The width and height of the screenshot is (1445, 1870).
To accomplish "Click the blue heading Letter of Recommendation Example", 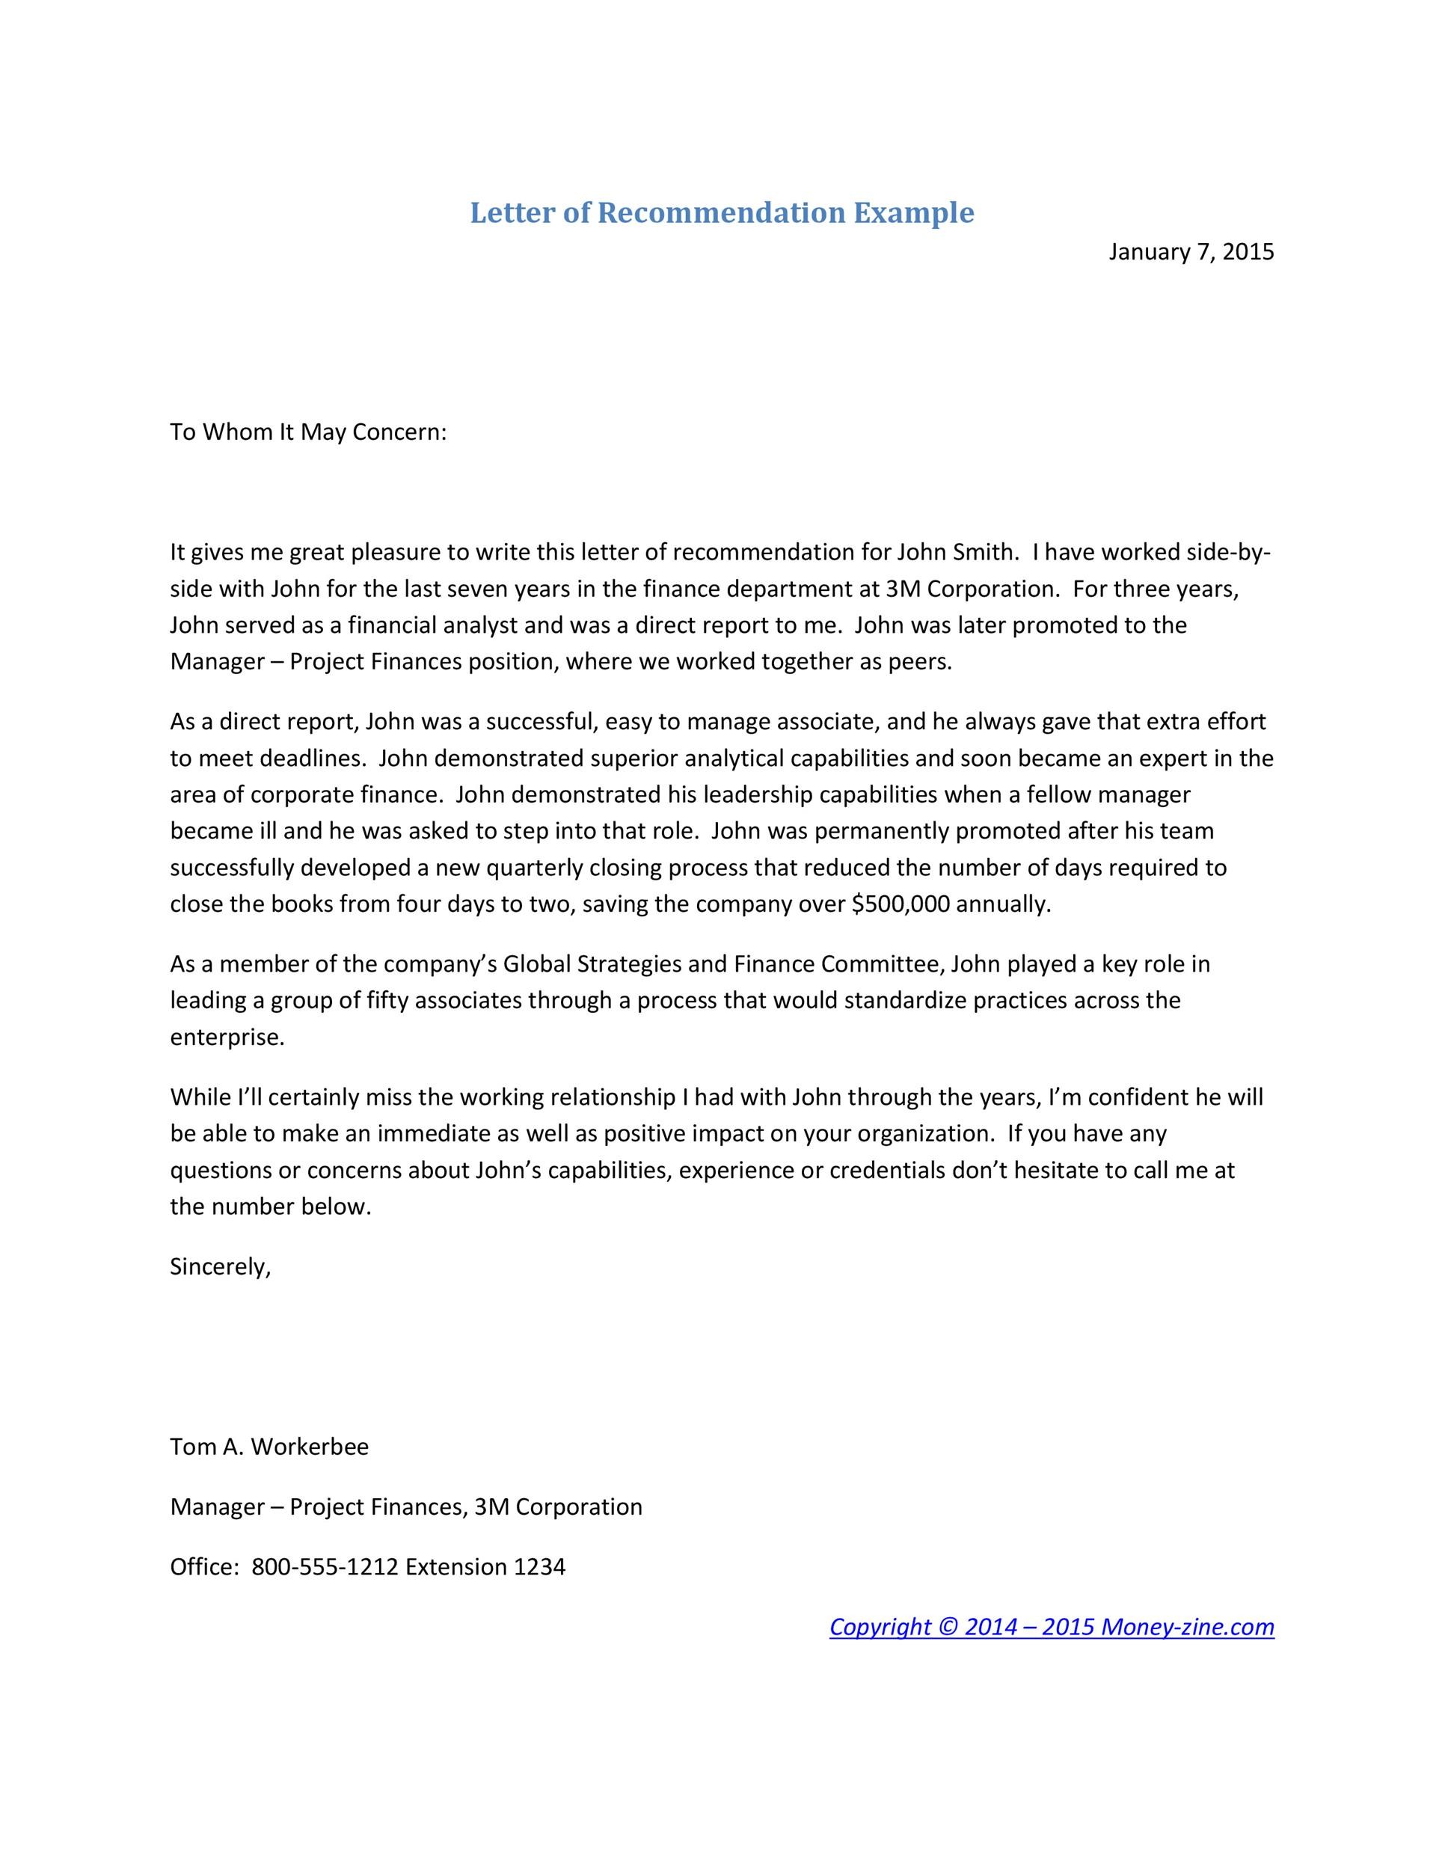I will pyautogui.click(x=722, y=212).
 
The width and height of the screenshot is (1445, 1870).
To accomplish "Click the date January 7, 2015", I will pyautogui.click(x=1191, y=252).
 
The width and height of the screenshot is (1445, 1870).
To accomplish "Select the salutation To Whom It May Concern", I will pyautogui.click(x=308, y=432).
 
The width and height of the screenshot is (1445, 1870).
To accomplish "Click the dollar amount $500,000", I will pyautogui.click(x=901, y=904).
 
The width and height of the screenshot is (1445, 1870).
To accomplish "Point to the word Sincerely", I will pyautogui.click(x=220, y=1266).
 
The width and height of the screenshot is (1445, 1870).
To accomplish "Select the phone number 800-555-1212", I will pyautogui.click(x=325, y=1567).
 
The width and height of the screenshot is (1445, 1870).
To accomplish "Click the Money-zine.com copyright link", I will pyautogui.click(x=1052, y=1627).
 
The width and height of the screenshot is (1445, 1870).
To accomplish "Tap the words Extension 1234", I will pyautogui.click(x=485, y=1567).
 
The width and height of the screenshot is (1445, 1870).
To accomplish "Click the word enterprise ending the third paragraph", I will pyautogui.click(x=226, y=1037).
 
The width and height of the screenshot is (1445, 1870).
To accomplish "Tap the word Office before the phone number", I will pyautogui.click(x=203, y=1567).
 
